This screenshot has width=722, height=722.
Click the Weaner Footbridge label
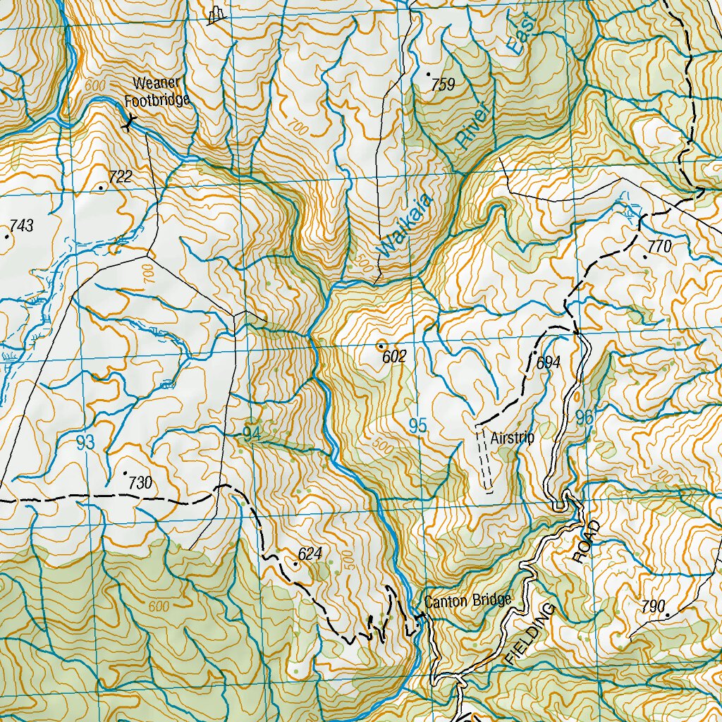tap(157, 92)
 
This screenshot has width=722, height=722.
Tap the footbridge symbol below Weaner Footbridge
tap(128, 126)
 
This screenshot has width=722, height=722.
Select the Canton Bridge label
tap(467, 601)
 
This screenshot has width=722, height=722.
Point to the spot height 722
tap(120, 177)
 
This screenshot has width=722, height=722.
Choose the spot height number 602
tap(394, 357)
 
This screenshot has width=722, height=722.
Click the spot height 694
tap(548, 363)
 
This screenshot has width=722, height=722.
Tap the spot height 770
tap(660, 247)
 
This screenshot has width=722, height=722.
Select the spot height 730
tap(140, 483)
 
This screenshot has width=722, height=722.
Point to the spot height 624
tap(310, 555)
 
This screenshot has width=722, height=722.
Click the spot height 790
tap(654, 606)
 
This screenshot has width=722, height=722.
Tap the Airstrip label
tap(513, 438)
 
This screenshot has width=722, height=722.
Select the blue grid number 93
tap(85, 443)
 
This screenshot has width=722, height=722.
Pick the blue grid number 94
tap(252, 434)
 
